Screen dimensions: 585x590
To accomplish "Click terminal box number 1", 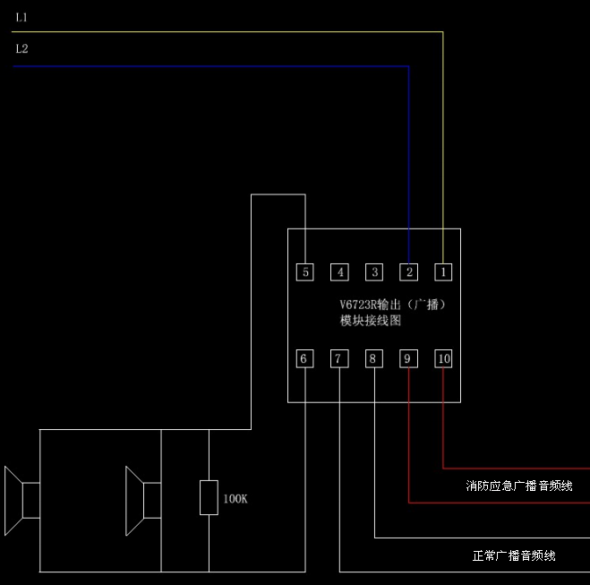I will (444, 271).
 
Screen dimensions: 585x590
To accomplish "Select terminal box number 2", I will (409, 271).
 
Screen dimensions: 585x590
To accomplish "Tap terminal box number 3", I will (374, 271).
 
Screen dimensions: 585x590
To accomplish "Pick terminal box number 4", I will (339, 271).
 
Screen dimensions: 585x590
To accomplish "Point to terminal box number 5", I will (305, 271).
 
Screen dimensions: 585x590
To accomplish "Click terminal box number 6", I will (304, 358).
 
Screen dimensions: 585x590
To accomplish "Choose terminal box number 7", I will (338, 358).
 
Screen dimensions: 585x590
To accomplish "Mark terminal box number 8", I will (373, 358).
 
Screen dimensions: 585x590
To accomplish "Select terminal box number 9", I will (408, 358).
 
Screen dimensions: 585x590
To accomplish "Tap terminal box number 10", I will (444, 358).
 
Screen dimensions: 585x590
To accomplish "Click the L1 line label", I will (22, 17).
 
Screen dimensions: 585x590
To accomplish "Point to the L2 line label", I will (22, 48).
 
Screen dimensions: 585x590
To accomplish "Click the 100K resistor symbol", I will (209, 497).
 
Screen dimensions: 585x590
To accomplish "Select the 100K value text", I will (235, 498).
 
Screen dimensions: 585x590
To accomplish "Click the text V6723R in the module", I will (358, 305).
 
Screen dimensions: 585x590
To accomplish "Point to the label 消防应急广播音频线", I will (519, 486).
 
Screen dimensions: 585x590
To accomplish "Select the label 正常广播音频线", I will (514, 555).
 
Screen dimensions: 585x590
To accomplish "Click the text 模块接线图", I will (371, 320).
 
